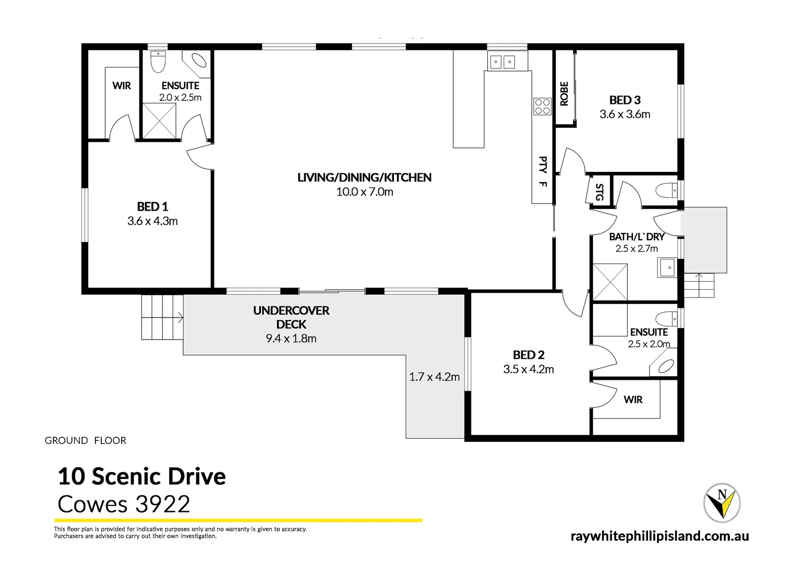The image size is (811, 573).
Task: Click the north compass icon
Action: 722,502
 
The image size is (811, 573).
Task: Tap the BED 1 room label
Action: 152,206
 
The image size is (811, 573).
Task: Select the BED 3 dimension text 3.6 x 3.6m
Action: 625,114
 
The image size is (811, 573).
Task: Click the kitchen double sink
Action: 502,62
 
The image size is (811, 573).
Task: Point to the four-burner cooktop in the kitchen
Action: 542,106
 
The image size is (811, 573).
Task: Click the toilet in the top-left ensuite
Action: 158,62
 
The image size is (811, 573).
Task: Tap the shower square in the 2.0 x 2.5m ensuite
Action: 160,121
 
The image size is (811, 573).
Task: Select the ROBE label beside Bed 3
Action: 564,93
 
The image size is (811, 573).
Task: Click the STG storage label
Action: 599,192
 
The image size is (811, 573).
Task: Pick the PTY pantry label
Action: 542,164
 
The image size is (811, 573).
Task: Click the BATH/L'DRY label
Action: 636,237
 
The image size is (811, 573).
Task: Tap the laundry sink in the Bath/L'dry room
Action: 668,267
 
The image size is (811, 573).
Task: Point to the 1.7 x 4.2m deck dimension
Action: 434,377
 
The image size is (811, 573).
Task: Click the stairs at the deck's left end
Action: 162,317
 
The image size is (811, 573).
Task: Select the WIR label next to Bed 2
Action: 633,400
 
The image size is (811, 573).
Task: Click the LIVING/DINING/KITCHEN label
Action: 364,177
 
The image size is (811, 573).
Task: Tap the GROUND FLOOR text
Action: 85,440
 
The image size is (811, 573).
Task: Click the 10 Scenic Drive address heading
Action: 142,476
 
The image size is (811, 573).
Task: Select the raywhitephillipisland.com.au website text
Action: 659,536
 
